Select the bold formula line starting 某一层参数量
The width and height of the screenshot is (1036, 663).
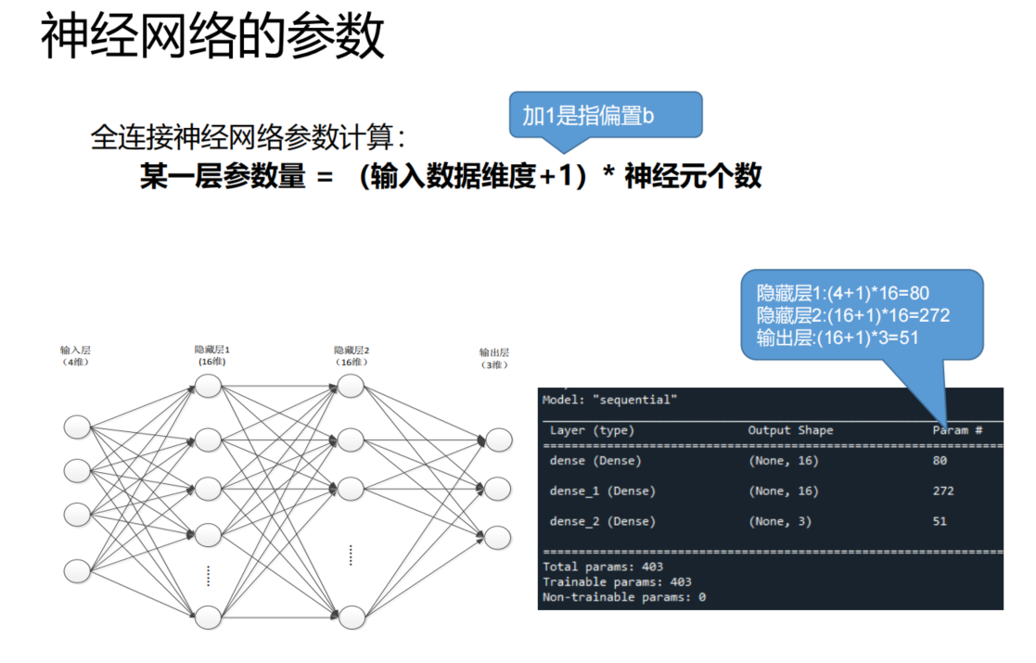[x=451, y=176]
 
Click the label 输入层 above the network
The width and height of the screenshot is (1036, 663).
[x=75, y=351]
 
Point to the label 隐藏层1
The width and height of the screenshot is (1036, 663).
[x=211, y=350]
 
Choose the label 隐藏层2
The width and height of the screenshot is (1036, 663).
[x=352, y=351]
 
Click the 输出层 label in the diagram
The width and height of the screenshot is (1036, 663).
[x=493, y=352]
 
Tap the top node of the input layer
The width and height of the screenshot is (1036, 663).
[x=78, y=427]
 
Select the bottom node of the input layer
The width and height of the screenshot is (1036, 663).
[x=78, y=567]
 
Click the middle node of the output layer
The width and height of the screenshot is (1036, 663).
[x=498, y=489]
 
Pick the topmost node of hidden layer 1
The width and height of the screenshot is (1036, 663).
[x=208, y=387]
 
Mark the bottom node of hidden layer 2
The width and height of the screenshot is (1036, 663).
[x=351, y=617]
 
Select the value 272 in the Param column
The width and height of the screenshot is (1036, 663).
[x=942, y=491]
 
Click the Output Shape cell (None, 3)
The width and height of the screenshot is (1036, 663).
[x=779, y=521]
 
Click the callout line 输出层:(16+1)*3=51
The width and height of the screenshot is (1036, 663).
[x=838, y=338]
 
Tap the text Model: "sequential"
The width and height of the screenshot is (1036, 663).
[x=609, y=400]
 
